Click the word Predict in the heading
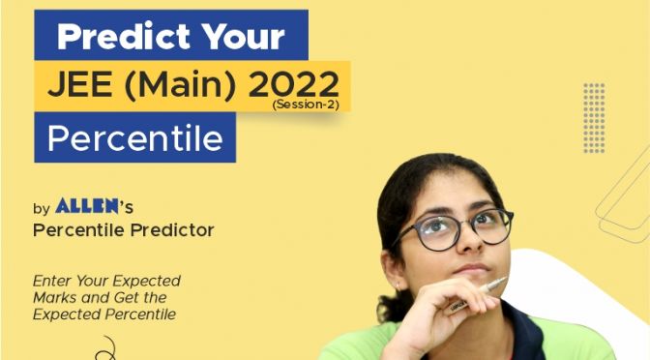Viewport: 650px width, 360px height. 124,36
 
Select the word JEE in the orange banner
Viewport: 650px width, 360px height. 80,84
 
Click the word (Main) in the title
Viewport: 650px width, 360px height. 180,86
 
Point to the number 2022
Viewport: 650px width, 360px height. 293,84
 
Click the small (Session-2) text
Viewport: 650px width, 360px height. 306,105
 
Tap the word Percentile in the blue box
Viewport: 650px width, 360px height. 135,137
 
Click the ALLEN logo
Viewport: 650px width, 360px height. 87,206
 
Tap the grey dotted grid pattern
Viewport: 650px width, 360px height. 594,118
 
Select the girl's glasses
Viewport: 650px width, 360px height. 453,229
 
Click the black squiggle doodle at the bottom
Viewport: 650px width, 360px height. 106,348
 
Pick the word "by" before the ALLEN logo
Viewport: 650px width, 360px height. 42,208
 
